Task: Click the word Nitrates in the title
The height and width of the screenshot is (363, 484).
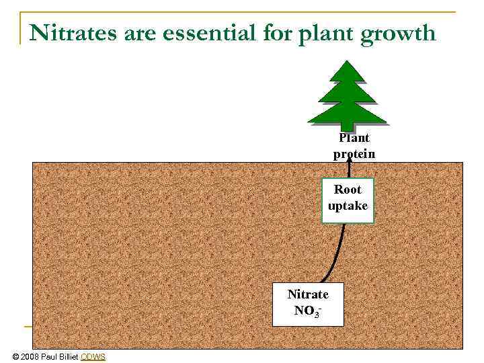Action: [x=73, y=32]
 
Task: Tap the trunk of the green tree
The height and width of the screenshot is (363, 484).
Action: [x=347, y=125]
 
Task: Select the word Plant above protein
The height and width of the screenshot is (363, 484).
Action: [x=354, y=138]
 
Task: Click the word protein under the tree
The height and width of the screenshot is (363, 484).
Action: [x=354, y=154]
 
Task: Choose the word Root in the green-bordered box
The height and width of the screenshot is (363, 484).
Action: [x=348, y=190]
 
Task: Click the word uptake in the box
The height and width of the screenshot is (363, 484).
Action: [x=348, y=206]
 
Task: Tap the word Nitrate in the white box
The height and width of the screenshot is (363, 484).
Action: [x=308, y=294]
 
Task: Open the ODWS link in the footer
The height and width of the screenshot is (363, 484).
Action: [x=93, y=356]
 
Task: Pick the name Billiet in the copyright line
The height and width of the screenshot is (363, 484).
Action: [x=66, y=356]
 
